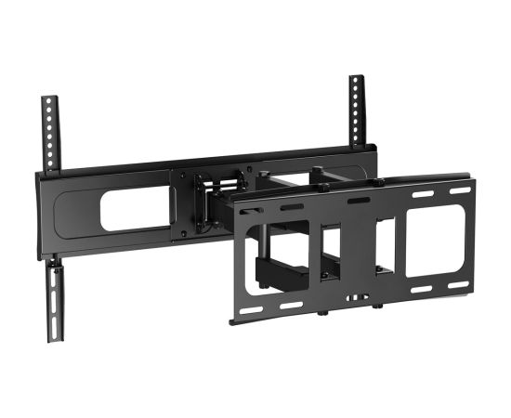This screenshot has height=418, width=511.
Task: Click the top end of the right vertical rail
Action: coord(357,79)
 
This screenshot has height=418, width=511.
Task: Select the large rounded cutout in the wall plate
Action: coord(134,211)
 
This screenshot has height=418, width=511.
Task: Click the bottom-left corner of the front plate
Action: coord(234,319)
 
